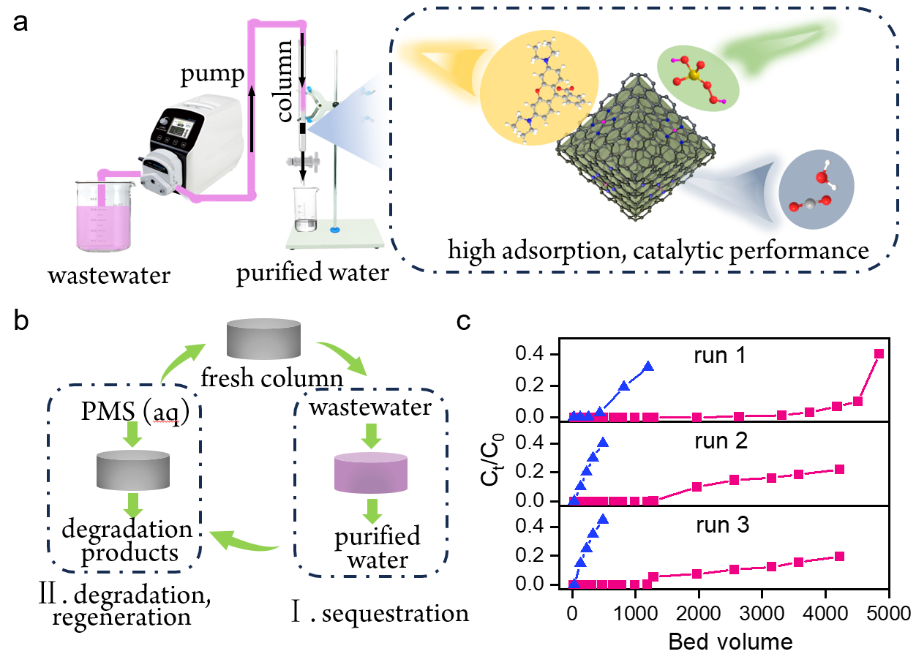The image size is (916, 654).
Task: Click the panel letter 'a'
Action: (x=20, y=23)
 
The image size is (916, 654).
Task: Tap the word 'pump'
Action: (x=213, y=75)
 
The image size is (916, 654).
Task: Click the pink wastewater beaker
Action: (x=105, y=216)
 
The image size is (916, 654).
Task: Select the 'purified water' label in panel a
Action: (x=313, y=273)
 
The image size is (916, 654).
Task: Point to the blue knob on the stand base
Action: (x=335, y=230)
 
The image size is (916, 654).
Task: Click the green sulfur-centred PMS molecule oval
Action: (x=698, y=78)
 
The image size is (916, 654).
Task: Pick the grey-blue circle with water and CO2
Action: (x=816, y=189)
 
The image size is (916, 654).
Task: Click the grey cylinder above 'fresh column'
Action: (x=264, y=339)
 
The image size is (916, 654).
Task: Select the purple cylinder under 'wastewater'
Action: (x=371, y=473)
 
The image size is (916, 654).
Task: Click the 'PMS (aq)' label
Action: (x=135, y=411)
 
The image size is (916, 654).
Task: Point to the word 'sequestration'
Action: (x=395, y=614)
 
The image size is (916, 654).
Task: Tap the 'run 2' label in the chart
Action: (x=721, y=441)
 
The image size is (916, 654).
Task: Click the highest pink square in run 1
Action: (x=879, y=353)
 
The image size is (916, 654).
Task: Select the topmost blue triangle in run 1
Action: (x=648, y=366)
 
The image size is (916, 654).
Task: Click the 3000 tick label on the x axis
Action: (x=762, y=614)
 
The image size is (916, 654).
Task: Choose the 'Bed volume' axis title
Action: (x=730, y=642)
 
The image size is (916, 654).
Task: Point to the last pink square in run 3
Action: (x=839, y=556)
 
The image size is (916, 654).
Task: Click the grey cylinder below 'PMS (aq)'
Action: (x=133, y=470)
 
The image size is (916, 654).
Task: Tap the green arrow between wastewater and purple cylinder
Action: (x=371, y=436)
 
